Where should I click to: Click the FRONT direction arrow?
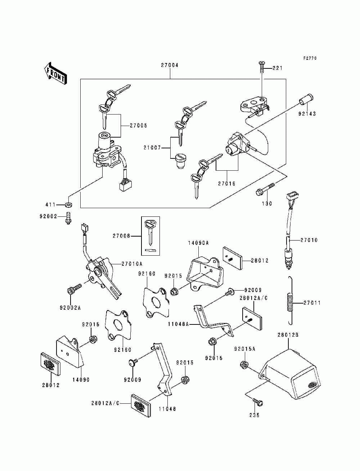55,73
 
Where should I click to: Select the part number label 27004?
170,65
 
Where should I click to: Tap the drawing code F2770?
310,58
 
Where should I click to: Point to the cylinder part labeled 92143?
306,99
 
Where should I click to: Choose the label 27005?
139,126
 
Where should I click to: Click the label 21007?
152,148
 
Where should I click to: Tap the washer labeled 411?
68,205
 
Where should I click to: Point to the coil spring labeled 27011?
290,300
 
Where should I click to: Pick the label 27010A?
132,264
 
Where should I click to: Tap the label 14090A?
198,243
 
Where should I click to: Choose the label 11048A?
178,324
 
